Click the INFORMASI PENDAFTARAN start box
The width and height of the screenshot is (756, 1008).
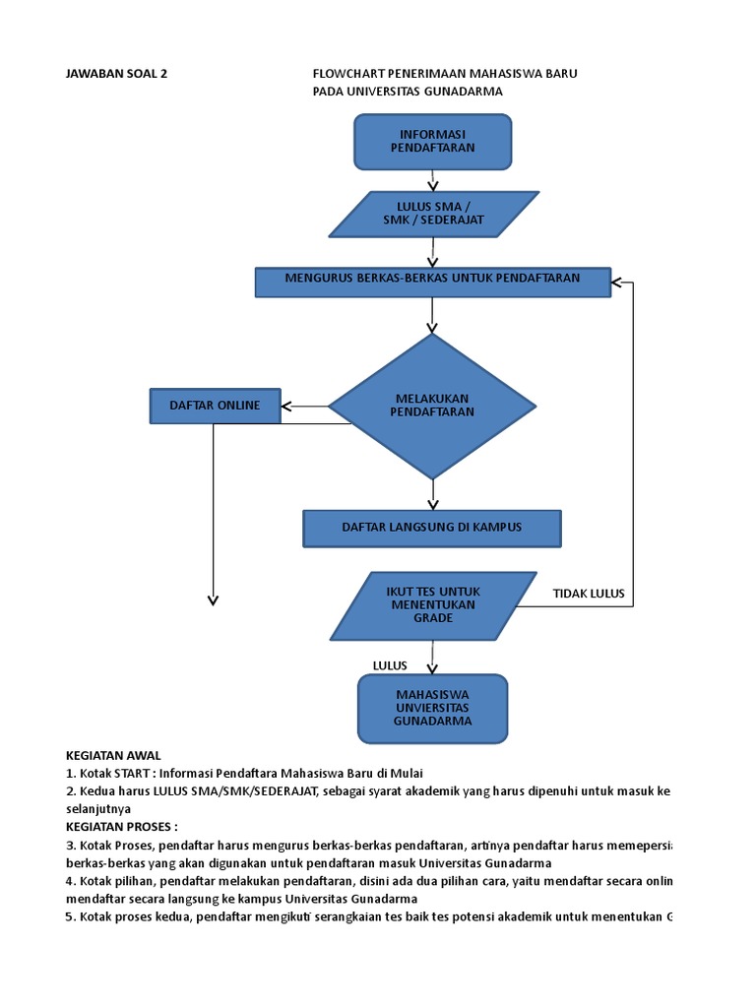(x=432, y=141)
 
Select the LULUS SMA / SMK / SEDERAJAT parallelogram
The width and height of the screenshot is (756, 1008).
(x=433, y=214)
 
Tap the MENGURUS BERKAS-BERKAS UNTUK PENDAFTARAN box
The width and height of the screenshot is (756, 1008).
(x=432, y=281)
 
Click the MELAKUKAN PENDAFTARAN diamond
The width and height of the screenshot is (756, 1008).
(x=432, y=406)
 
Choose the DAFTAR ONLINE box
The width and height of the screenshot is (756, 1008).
(x=215, y=406)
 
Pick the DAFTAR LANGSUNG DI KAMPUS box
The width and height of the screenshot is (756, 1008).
(x=431, y=528)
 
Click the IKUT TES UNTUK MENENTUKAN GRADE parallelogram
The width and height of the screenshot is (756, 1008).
(x=432, y=604)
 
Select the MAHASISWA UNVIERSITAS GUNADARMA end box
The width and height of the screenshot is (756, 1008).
(x=432, y=708)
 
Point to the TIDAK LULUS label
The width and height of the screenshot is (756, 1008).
(x=589, y=594)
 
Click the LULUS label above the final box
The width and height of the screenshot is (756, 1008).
(x=390, y=665)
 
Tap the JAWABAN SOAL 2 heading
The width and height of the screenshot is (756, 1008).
(x=116, y=74)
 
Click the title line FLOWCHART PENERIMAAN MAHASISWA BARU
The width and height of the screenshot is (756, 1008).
(x=444, y=74)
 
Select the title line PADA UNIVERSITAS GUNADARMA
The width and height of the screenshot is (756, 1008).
(x=408, y=92)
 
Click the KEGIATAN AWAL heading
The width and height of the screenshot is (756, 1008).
(x=112, y=755)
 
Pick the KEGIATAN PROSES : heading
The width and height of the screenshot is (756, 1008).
(x=121, y=826)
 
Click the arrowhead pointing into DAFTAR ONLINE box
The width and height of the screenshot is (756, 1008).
(x=286, y=406)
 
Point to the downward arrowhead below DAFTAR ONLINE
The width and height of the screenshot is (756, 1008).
(x=213, y=600)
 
